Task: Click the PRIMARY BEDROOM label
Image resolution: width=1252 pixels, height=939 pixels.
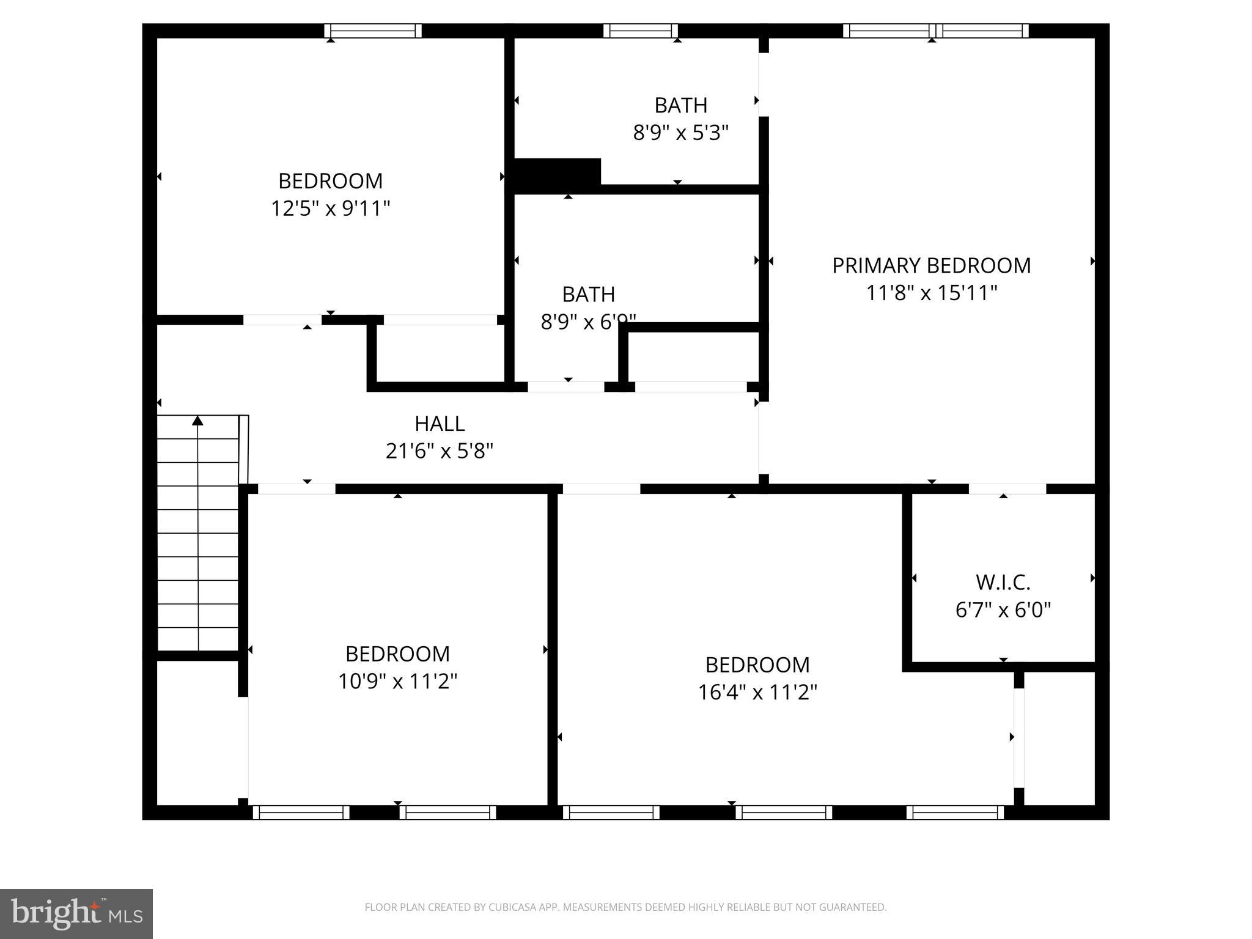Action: [931, 266]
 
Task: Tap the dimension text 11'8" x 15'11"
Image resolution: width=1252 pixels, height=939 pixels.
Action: [931, 293]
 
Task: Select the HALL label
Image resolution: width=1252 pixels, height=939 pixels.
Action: [440, 424]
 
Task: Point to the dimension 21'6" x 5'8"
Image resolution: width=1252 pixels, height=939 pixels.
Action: [440, 451]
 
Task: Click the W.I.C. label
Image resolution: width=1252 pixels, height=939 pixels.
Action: [1003, 583]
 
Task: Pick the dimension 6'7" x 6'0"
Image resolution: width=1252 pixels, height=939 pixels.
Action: [1003, 610]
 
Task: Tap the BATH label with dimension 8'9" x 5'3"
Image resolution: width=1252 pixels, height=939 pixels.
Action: [680, 106]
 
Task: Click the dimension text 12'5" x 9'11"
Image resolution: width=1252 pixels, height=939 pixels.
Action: [330, 209]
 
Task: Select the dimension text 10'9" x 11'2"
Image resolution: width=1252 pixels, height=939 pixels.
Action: [397, 681]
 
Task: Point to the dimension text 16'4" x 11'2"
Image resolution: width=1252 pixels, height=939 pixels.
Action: [757, 692]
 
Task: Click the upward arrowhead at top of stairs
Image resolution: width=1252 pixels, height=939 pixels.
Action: [197, 421]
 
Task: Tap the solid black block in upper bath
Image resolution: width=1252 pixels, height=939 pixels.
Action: [557, 173]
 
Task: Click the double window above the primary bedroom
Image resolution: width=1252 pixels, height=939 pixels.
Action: [935, 31]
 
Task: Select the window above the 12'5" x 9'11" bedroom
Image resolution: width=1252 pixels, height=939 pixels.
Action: [372, 31]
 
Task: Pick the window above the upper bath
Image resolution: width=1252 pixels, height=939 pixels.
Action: [640, 31]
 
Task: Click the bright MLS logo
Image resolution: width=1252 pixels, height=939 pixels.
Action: [76, 913]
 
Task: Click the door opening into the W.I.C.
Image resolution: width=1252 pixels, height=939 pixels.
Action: [1007, 488]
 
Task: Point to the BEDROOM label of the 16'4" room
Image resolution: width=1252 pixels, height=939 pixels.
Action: [757, 665]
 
